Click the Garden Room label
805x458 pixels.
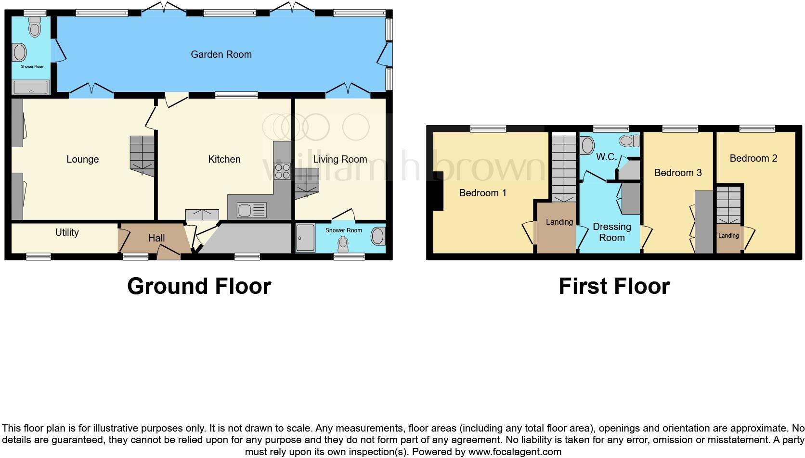point(221,54)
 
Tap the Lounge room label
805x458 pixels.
point(82,159)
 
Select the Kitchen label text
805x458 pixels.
point(224,159)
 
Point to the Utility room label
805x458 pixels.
point(66,232)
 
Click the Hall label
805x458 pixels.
point(156,238)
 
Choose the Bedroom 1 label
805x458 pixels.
point(482,193)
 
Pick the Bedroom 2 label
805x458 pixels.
point(753,158)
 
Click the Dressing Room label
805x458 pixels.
point(611,232)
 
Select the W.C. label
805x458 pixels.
point(606,157)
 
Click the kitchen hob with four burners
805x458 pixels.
point(282,171)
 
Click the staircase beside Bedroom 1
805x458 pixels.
point(564,168)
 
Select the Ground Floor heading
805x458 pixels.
point(199,286)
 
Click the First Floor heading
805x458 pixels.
point(614,286)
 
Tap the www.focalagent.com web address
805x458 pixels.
point(514,452)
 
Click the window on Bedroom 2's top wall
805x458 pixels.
point(757,128)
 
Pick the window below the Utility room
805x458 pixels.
point(39,257)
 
